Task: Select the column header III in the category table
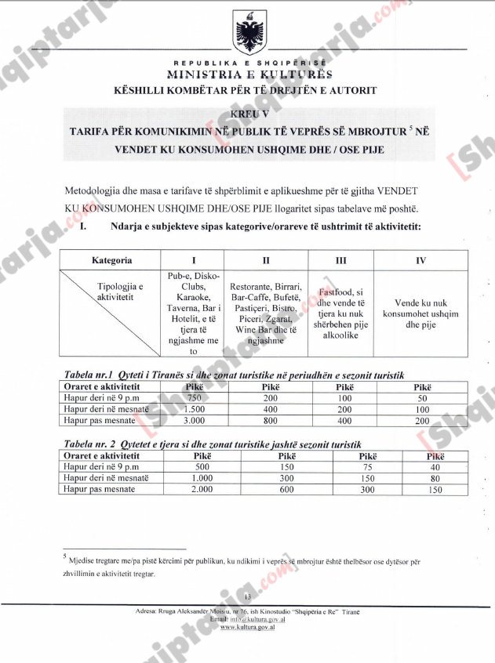point(340,259)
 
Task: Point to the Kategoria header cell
point(111,259)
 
